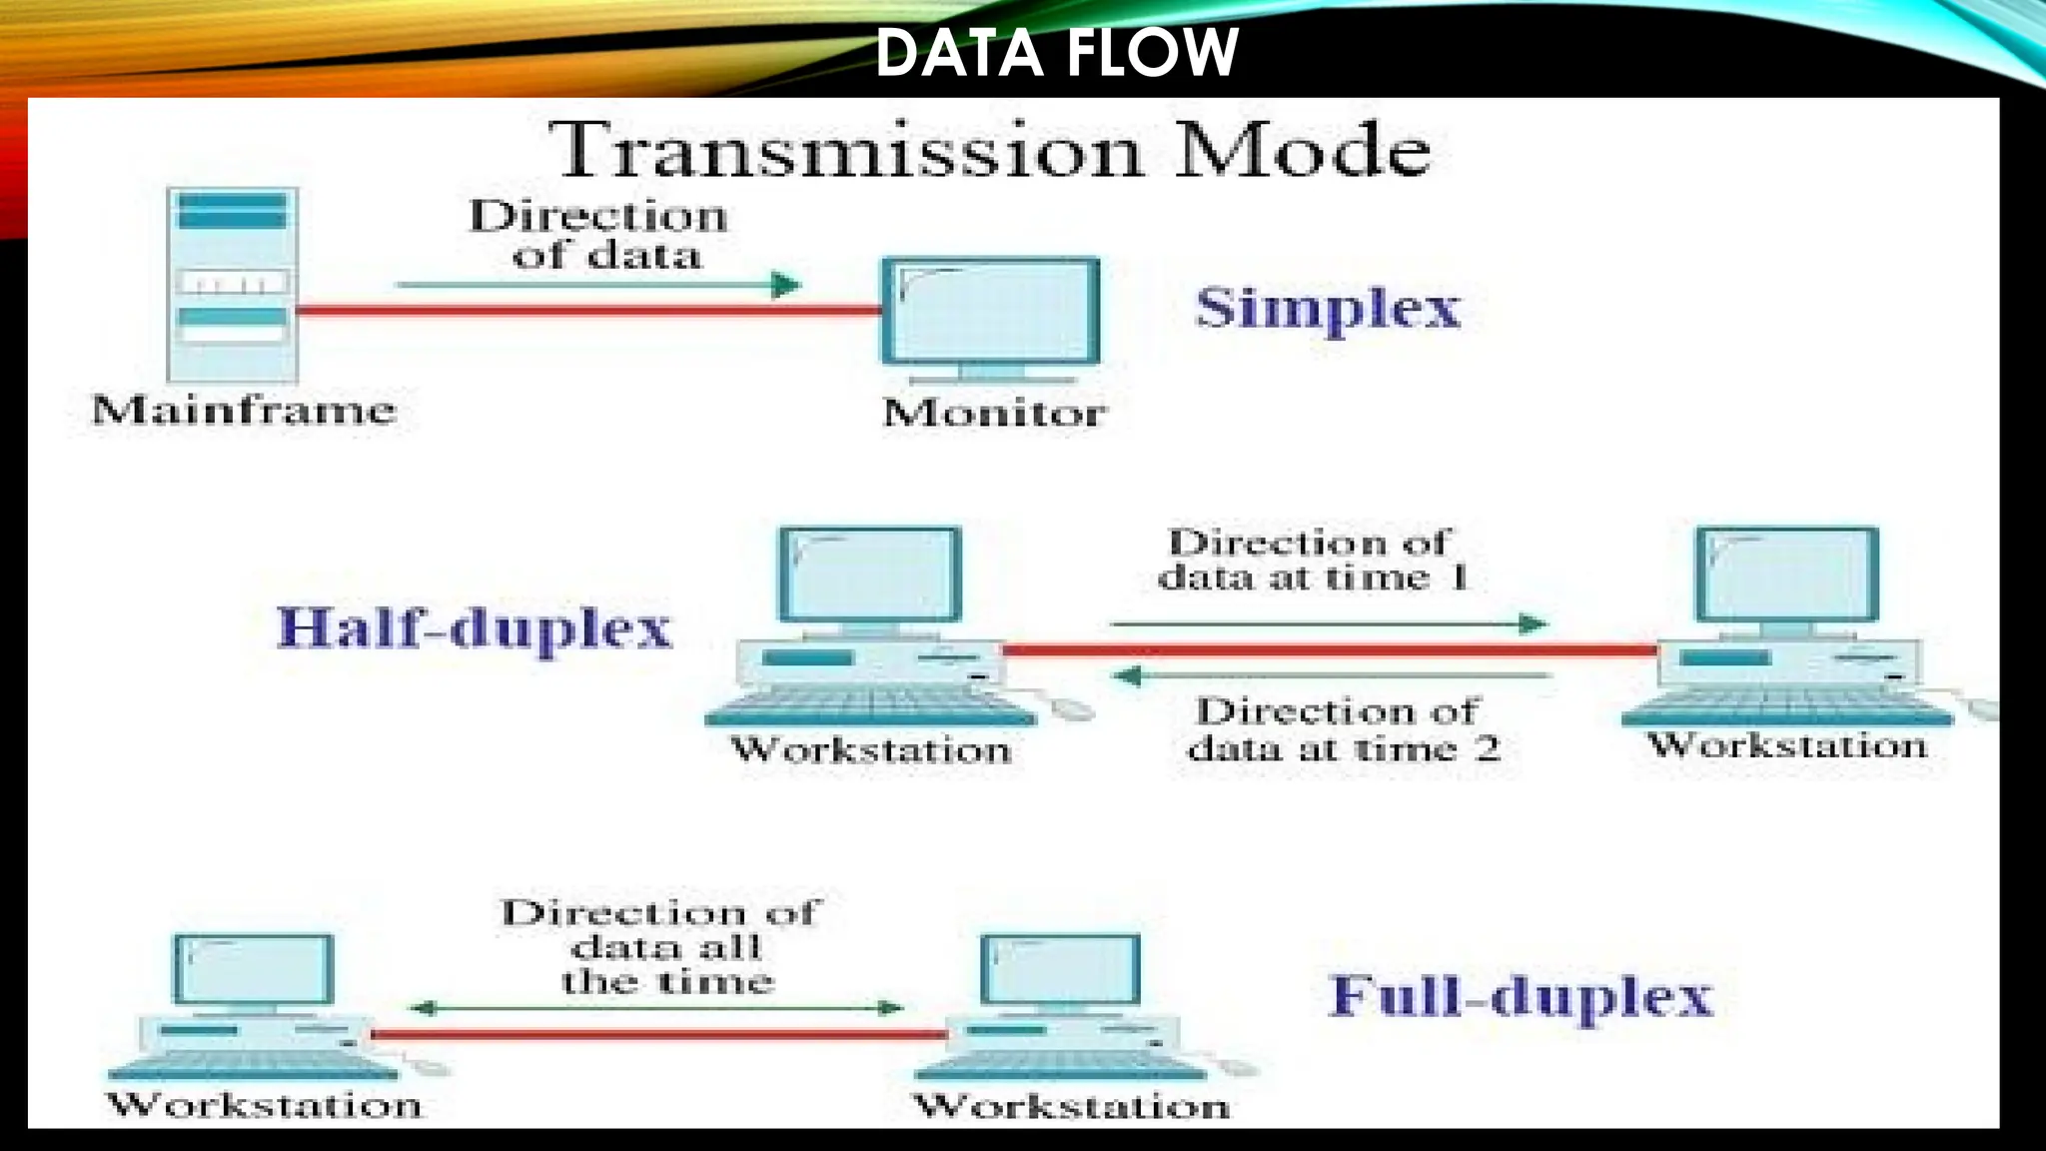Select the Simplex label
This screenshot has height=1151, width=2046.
pyautogui.click(x=1328, y=307)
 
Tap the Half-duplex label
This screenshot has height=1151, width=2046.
pyautogui.click(x=475, y=628)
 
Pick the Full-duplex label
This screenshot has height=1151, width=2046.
pyautogui.click(x=1521, y=996)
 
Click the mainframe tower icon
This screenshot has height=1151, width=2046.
pyautogui.click(x=233, y=284)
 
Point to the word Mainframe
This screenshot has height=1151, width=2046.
pyautogui.click(x=244, y=410)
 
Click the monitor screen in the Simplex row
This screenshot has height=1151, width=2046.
pyautogui.click(x=990, y=310)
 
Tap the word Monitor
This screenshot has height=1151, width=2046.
pyautogui.click(x=994, y=413)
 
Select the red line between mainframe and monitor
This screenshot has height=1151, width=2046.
pyautogui.click(x=588, y=310)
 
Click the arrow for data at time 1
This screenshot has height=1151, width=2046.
pyautogui.click(x=1329, y=624)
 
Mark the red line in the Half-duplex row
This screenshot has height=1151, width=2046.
pyautogui.click(x=1329, y=650)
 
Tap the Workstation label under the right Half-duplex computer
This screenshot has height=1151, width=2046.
pyautogui.click(x=1787, y=745)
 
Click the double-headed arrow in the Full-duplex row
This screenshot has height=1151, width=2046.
pyautogui.click(x=657, y=1008)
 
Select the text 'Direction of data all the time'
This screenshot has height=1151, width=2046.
pyautogui.click(x=662, y=946)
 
